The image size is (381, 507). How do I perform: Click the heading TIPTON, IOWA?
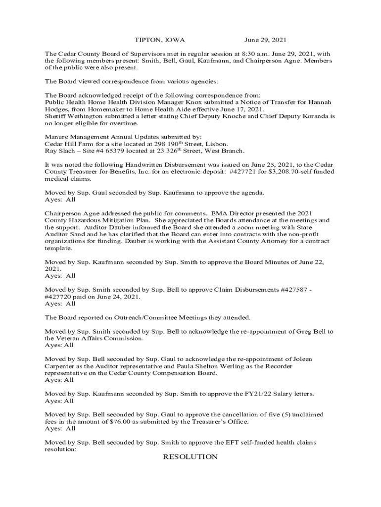[x=160, y=40]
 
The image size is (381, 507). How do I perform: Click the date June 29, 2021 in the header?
[x=265, y=40]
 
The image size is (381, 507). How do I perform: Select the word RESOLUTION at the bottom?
[x=190, y=456]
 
